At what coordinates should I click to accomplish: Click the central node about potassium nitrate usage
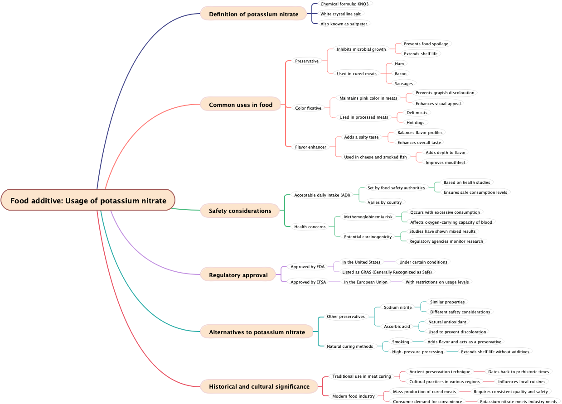pos(88,200)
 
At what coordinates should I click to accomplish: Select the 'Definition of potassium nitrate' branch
pos(253,14)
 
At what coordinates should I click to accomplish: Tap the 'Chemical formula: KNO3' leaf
pos(344,4)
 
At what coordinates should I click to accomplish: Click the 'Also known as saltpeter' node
pos(344,24)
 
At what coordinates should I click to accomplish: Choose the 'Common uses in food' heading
pos(241,105)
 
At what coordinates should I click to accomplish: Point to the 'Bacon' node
pos(401,73)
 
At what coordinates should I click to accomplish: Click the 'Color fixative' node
pos(308,108)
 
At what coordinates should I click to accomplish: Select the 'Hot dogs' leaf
pos(416,122)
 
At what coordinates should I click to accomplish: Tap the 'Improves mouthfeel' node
pos(445,162)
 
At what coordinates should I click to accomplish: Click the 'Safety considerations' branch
pos(240,211)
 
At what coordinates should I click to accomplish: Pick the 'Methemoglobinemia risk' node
pos(368,216)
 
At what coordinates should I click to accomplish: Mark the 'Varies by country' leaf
pos(384,202)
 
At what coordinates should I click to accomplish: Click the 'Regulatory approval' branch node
pos(238,275)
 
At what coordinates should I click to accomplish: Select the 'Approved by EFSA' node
pos(308,282)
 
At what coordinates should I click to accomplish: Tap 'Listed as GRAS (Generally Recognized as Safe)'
pos(387,272)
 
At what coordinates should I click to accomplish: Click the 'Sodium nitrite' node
pos(397,307)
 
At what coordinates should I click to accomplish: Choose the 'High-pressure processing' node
pos(417,351)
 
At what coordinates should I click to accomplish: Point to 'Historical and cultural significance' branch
pos(259,386)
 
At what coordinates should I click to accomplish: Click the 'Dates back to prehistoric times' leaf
pos(518,371)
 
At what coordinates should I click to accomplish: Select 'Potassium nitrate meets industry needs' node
pos(518,401)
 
